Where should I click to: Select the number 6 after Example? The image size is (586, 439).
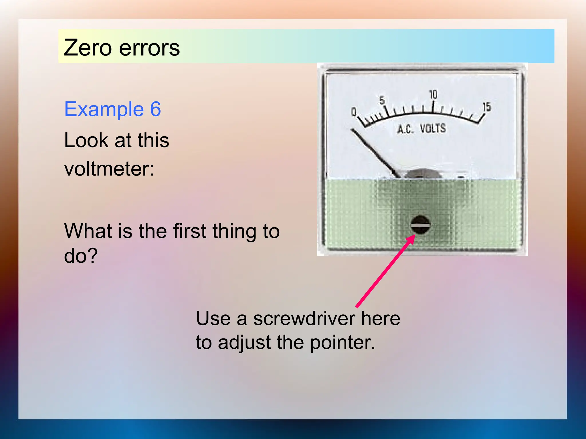coord(155,109)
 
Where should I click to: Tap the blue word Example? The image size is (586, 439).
coord(104,109)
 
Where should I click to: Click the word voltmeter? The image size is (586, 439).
coord(109,169)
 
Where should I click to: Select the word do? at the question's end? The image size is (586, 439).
coord(81,256)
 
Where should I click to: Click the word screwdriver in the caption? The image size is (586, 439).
coord(304,318)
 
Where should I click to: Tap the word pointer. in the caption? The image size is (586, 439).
coord(343,342)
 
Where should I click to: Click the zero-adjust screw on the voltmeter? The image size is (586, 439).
coord(420,225)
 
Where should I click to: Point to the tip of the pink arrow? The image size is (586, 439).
coord(415,235)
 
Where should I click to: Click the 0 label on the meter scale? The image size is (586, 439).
coord(354,112)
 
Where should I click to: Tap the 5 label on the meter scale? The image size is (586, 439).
coord(382,100)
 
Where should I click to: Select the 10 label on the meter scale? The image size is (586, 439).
coord(433,95)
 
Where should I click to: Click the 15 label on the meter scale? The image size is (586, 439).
coord(487,107)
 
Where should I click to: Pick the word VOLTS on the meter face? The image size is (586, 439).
coord(433,128)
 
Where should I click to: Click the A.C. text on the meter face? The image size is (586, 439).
coord(405,129)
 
